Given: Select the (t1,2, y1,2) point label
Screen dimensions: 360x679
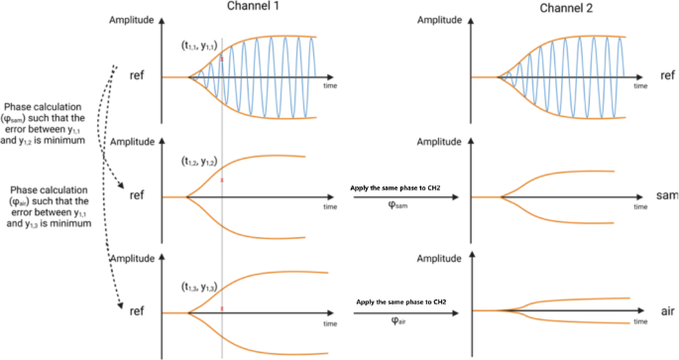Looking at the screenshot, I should (x=201, y=160).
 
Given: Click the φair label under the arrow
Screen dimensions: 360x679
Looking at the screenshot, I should (x=396, y=321).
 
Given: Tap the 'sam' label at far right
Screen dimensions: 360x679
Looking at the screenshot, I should (x=667, y=197).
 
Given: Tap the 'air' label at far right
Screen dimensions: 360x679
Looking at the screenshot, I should (x=667, y=310).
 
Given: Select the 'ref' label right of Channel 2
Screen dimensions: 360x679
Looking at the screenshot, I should (x=667, y=76).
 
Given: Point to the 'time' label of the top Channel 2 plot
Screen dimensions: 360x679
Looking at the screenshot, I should (x=640, y=87).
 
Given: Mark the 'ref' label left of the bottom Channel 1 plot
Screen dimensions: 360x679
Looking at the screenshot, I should (x=139, y=310).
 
